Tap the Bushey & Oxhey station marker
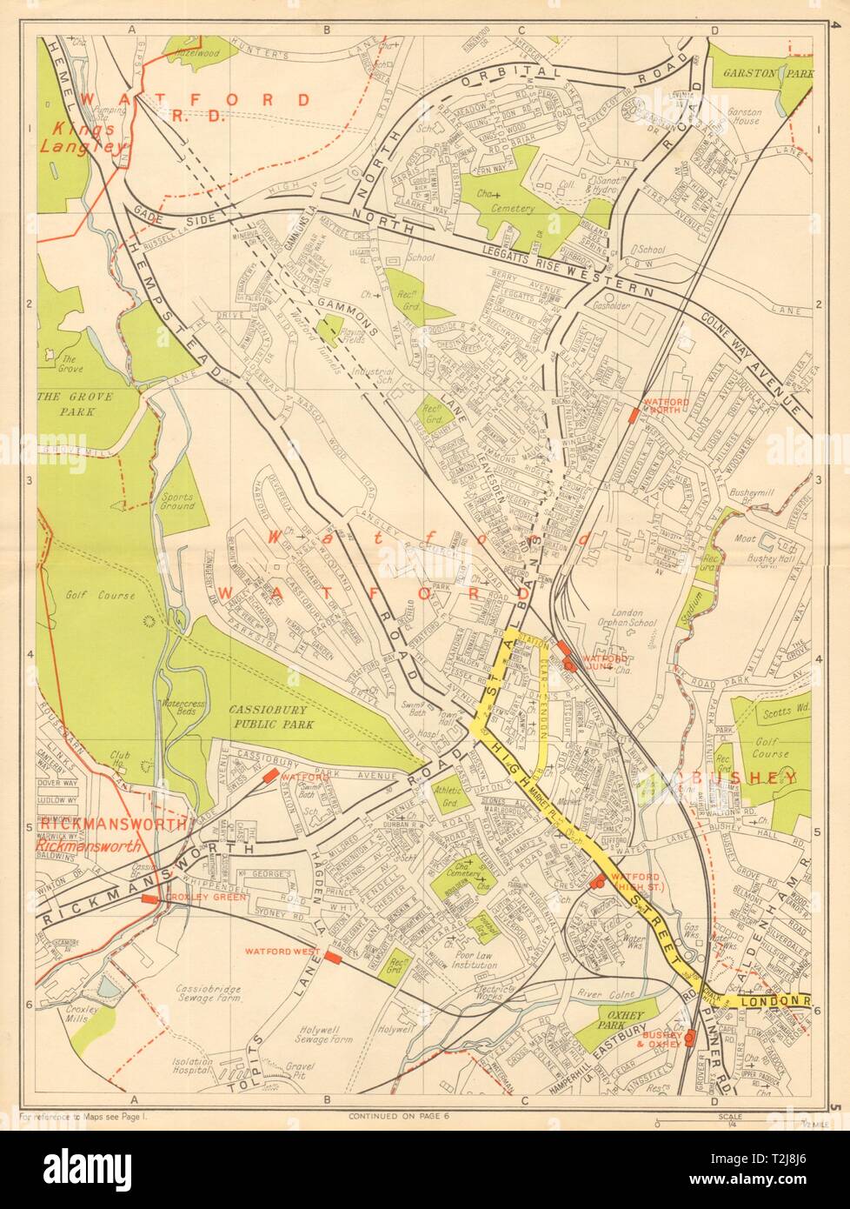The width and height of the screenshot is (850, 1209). click(x=689, y=1038)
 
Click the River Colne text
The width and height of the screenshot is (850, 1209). click(x=602, y=988)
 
